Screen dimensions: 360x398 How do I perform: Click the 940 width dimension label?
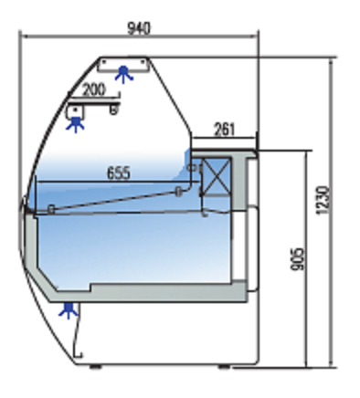139,28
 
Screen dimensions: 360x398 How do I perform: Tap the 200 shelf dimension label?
94,90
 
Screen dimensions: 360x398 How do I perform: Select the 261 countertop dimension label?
225,130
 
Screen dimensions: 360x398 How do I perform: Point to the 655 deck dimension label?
119,173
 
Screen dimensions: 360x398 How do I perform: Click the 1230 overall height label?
323,201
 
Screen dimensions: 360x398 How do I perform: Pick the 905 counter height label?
298,259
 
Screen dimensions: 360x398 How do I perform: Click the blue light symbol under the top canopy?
123,75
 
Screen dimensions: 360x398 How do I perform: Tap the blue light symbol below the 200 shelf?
75,124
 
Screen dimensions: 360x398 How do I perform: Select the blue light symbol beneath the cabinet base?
69,310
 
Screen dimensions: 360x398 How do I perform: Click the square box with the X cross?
216,176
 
